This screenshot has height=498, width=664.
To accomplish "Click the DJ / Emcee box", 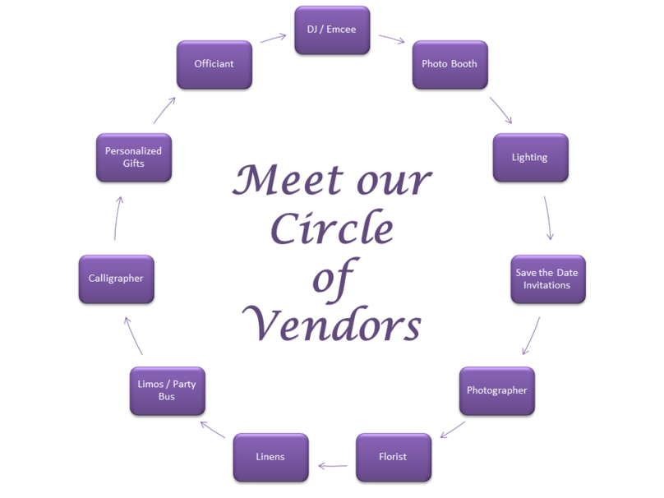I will click(333, 30).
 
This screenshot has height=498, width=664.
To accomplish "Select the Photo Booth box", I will click(450, 64).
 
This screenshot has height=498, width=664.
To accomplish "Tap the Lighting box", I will click(529, 157).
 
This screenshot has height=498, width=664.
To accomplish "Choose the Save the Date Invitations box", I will click(547, 279).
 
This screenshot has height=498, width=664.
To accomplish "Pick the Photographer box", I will click(496, 390).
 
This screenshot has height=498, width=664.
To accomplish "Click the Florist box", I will click(393, 457).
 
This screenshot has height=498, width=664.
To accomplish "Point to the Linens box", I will click(270, 457).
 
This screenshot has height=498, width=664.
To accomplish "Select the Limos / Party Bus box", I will click(167, 390).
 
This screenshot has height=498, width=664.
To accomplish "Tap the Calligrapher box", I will click(116, 279).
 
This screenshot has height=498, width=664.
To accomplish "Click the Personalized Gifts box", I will click(133, 157).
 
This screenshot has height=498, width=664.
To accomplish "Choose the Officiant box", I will click(214, 64).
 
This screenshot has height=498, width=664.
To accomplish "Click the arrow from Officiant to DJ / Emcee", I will click(273, 38).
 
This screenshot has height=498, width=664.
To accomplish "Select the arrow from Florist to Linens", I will click(332, 466).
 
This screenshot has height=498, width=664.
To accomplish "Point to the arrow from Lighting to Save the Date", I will click(548, 217).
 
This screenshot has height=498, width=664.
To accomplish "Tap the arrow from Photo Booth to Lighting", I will click(500, 110).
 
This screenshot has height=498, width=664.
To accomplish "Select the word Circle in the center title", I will click(332, 229).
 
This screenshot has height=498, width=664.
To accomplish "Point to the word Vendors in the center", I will click(335, 325).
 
